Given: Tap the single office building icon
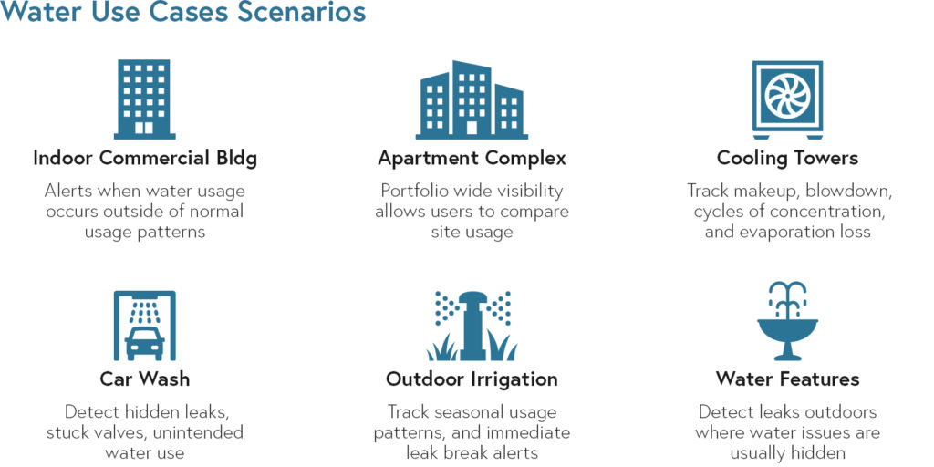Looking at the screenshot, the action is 145,99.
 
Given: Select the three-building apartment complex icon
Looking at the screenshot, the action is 472,99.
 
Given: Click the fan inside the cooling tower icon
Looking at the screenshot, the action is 787,95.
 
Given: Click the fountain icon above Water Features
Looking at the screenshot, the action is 787,321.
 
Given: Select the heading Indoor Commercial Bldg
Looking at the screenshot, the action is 145,159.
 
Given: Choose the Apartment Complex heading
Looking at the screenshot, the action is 472,160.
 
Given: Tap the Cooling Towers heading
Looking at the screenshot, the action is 787,159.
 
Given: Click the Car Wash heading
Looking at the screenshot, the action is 145,379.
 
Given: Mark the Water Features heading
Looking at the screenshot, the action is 787,379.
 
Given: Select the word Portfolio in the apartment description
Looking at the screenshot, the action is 413,192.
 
